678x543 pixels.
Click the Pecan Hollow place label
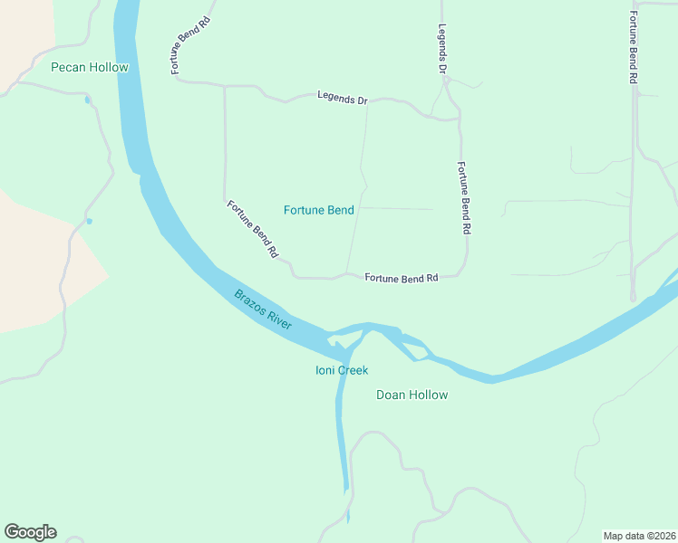90,68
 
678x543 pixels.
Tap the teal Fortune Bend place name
318,211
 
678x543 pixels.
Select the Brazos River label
263,309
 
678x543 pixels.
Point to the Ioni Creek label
342,370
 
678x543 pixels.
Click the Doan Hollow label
412,395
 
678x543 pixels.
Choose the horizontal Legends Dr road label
342,98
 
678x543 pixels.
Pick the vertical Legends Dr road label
443,49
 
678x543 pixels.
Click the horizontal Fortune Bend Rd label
402,278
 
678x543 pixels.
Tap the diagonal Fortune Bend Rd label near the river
252,230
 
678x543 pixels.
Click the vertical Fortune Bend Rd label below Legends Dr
463,199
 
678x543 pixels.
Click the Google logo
30,532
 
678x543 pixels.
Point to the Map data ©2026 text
639,536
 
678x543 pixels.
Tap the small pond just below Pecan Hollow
88,100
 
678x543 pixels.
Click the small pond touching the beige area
89,221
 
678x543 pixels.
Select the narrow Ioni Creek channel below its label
341,434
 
